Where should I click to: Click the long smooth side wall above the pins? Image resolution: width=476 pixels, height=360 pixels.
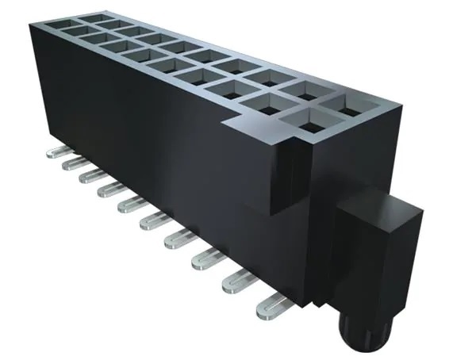[x=143, y=143]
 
